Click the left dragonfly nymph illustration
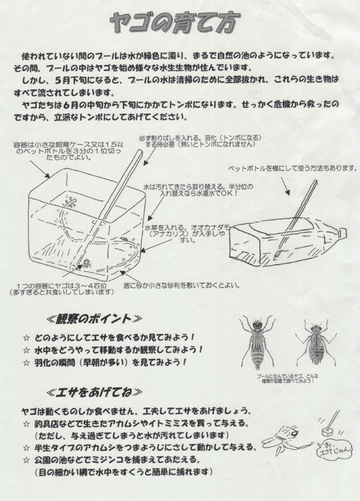(258, 343)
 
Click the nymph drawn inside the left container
(86, 262)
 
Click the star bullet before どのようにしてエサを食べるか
(25, 337)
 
